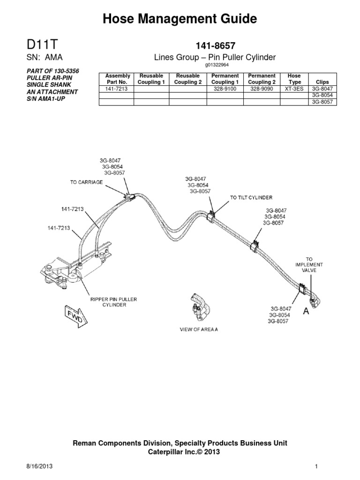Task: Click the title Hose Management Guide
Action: click(x=180, y=19)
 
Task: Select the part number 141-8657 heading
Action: click(x=215, y=45)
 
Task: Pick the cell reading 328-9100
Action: click(x=225, y=89)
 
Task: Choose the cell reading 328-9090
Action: click(x=261, y=89)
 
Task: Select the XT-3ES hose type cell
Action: click(x=294, y=89)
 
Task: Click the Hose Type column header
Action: click(x=294, y=79)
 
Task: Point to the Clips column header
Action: click(x=322, y=82)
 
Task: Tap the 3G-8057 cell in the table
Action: click(x=322, y=102)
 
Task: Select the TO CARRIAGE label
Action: click(x=86, y=182)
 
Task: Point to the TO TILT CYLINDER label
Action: click(x=251, y=198)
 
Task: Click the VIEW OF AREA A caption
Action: click(x=199, y=330)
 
